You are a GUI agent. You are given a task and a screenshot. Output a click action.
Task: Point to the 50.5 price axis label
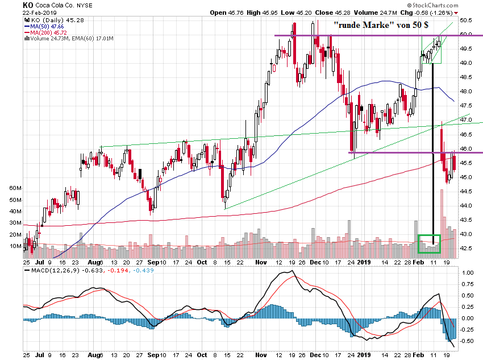point(467,20)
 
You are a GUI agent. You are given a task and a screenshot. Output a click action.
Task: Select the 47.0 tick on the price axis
point(467,120)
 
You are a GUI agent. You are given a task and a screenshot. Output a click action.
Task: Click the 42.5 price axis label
point(467,249)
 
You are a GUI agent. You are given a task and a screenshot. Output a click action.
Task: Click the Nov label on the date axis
point(261,263)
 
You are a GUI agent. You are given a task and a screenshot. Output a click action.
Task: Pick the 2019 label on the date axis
point(364,263)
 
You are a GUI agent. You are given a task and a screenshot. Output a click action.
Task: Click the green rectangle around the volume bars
point(429,243)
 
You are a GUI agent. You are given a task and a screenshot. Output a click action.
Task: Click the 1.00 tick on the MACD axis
point(467,273)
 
